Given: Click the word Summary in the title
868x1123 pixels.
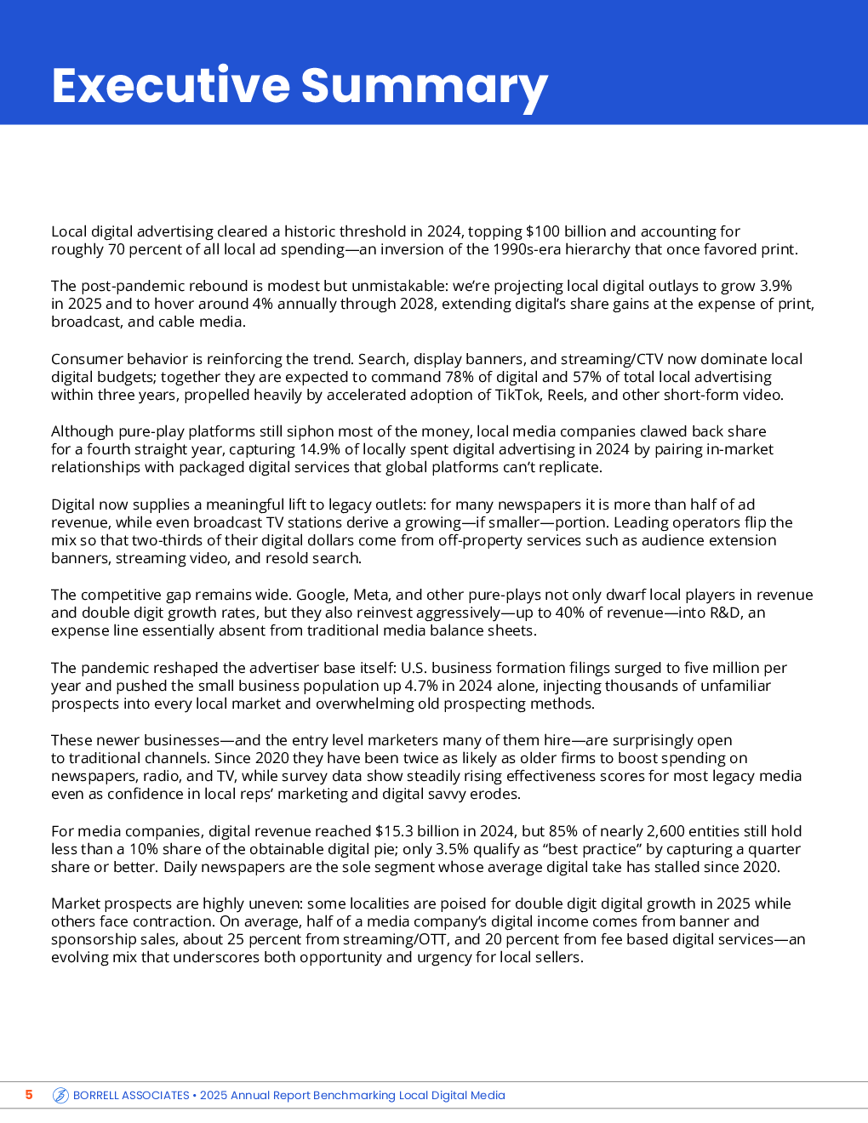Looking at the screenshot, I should [x=424, y=86].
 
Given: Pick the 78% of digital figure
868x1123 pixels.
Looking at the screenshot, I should [x=460, y=377].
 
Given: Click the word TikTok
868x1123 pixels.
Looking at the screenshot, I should [x=518, y=395].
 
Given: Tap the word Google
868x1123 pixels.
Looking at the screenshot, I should [x=323, y=595].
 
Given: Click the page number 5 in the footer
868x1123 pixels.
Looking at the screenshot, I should [x=29, y=1095].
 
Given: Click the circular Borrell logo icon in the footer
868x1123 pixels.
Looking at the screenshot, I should [x=60, y=1096].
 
